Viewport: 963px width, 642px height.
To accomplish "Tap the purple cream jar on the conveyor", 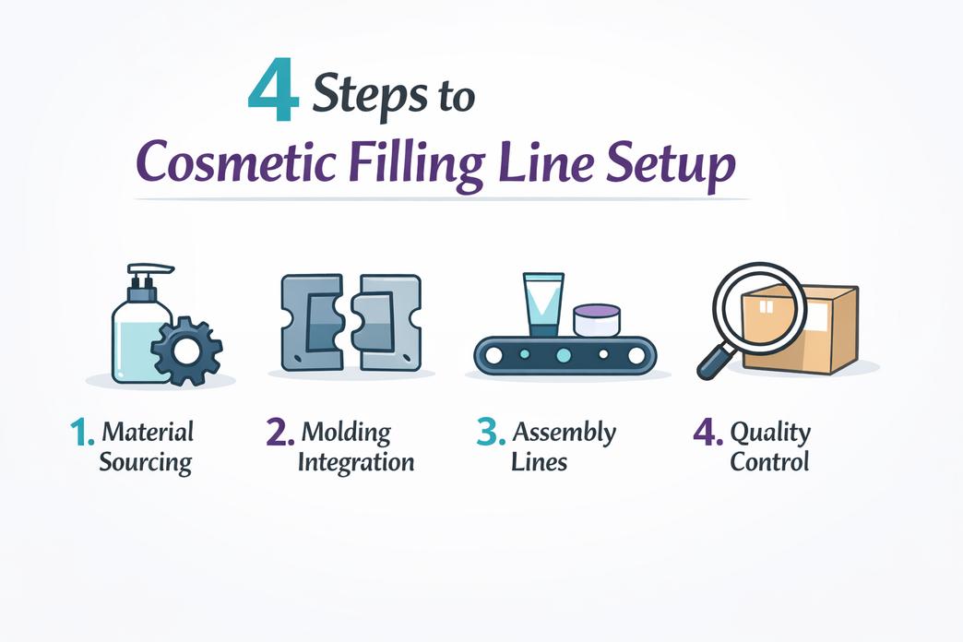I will [x=596, y=321].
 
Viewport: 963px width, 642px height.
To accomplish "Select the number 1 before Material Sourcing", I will [x=82, y=434].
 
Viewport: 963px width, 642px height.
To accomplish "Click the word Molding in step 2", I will [x=346, y=432].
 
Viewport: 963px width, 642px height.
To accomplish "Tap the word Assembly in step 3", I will [x=564, y=432].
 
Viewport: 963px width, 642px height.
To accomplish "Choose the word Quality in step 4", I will [x=770, y=433].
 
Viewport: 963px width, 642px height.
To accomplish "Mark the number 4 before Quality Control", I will [x=707, y=433].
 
